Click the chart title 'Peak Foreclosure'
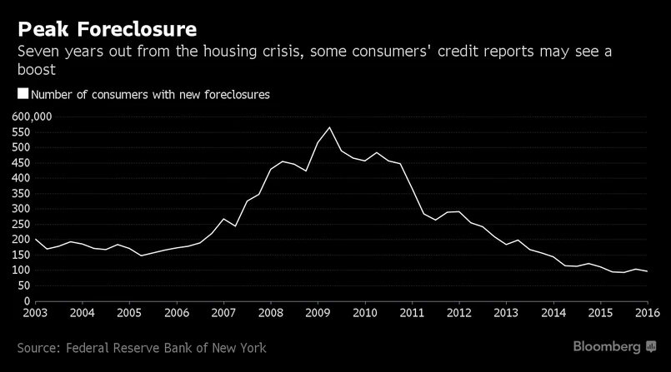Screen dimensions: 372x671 click(x=108, y=29)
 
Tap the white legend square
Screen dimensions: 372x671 click(x=23, y=95)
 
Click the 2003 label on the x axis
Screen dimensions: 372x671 click(x=34, y=313)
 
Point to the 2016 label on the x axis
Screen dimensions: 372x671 click(x=647, y=313)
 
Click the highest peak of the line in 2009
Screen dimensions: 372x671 click(x=330, y=127)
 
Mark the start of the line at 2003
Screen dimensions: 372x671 click(x=35, y=239)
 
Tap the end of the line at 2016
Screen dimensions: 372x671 click(x=647, y=271)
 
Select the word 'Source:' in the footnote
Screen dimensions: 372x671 click(x=43, y=347)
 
